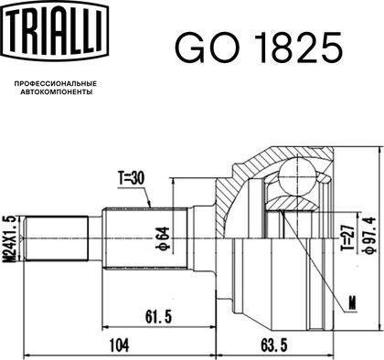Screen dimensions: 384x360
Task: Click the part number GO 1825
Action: point(259,48)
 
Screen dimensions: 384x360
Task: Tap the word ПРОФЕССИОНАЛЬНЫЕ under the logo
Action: point(56,83)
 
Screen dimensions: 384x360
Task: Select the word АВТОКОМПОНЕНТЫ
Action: point(57,91)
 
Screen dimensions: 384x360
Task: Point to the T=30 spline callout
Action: point(132,180)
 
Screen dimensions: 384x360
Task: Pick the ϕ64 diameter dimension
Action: point(162,239)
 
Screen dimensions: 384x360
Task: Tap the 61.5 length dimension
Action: point(158,317)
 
